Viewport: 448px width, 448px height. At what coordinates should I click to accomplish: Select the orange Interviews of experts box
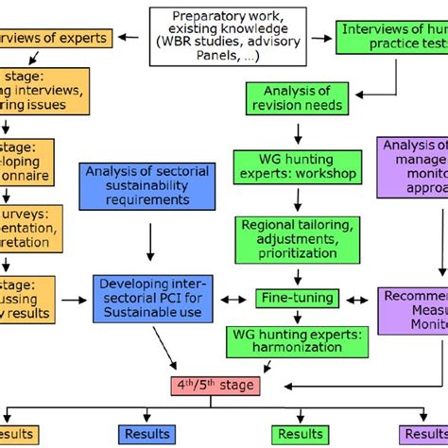(57, 39)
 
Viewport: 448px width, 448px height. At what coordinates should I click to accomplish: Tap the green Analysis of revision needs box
(301, 98)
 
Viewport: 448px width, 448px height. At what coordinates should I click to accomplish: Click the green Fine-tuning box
(297, 299)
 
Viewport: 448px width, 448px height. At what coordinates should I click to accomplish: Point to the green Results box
(298, 434)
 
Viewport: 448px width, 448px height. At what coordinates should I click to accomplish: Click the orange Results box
(19, 434)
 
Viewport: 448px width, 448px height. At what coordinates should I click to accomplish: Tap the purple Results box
(425, 434)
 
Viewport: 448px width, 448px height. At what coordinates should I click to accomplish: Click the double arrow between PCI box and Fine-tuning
(233, 299)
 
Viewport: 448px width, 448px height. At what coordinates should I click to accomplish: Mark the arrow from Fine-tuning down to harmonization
(298, 317)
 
